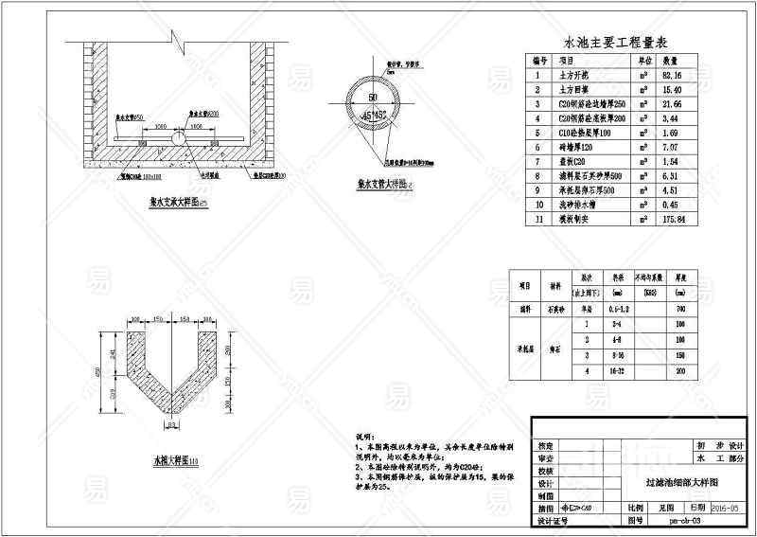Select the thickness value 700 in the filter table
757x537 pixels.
[680, 308]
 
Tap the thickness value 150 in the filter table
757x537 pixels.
[680, 355]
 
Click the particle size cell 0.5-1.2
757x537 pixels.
[619, 308]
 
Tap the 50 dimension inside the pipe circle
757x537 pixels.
[374, 98]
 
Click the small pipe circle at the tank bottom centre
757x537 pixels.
[177, 136]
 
